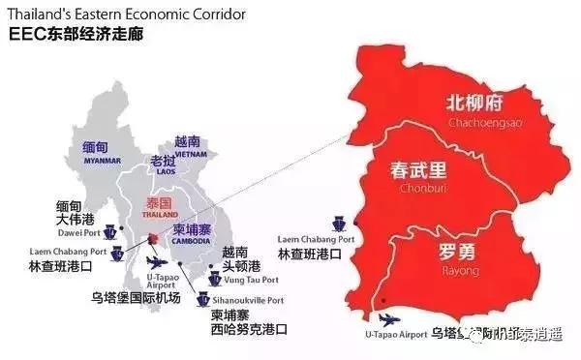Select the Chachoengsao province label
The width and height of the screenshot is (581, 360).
pyautogui.click(x=479, y=124)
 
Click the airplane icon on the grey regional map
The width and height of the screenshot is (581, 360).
pyautogui.click(x=155, y=263)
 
